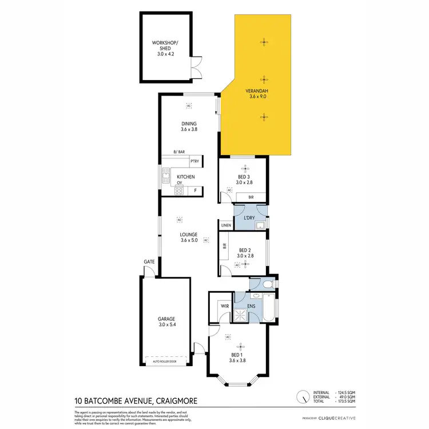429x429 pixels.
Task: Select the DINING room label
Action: point(189,126)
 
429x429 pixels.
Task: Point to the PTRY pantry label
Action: point(194,162)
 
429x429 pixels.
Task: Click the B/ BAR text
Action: point(179,152)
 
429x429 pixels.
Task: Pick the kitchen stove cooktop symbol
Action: point(179,191)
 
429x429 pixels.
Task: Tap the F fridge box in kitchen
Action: point(196,190)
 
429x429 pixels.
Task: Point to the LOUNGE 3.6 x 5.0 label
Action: point(189,237)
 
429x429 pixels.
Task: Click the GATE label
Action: point(149,261)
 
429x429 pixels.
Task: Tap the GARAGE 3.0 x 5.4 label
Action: point(166,322)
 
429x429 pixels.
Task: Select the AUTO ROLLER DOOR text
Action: point(166,362)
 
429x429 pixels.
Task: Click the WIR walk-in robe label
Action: point(224,306)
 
